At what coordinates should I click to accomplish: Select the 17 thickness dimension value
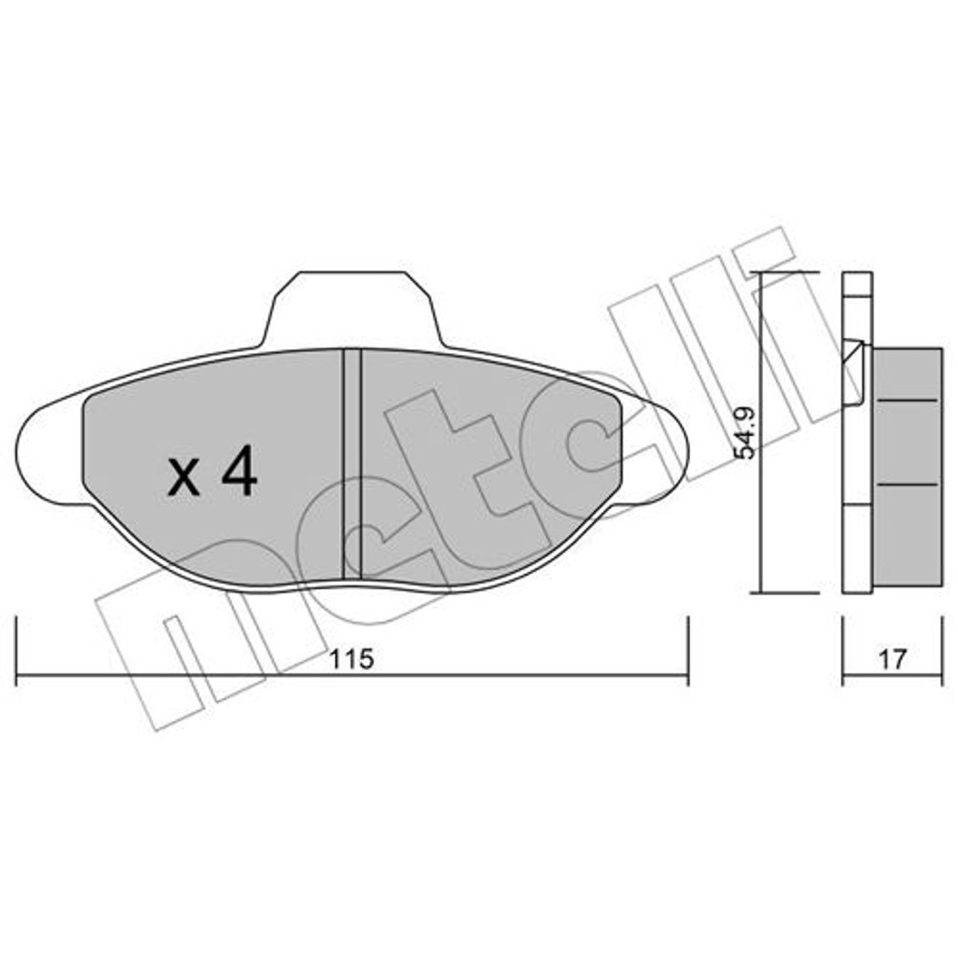point(892,659)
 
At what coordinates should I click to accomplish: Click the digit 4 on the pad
point(239,469)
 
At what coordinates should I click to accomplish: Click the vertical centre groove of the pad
point(352,464)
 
